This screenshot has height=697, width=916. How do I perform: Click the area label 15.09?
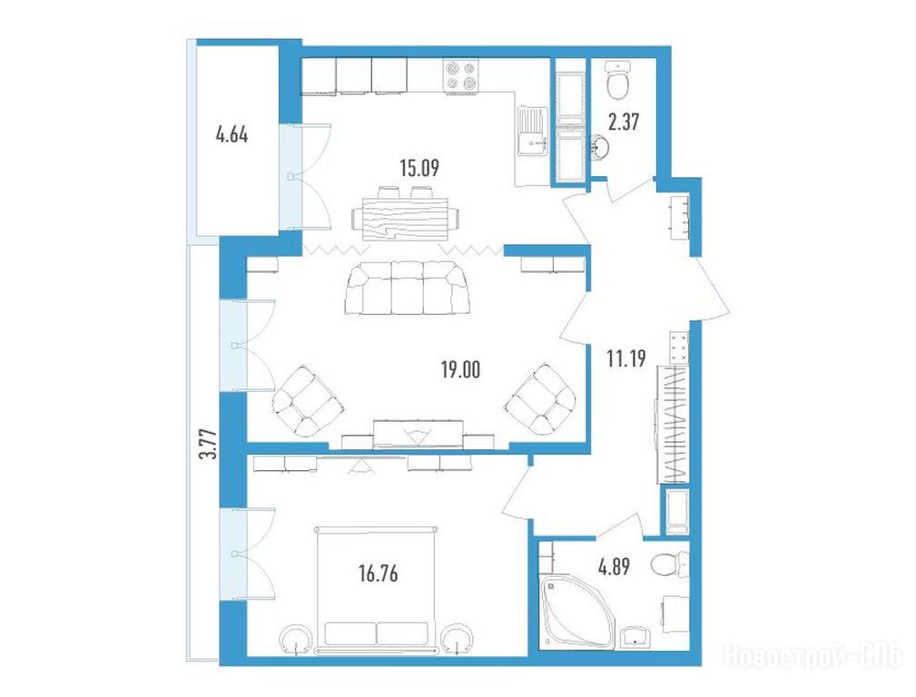[419, 168]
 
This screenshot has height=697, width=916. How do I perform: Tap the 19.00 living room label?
[461, 369]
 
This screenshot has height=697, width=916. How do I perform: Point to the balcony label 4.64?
[231, 135]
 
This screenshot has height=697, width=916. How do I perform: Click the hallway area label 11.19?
[626, 358]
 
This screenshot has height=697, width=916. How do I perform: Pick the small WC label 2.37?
[624, 123]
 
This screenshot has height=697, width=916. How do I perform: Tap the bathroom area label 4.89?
[614, 566]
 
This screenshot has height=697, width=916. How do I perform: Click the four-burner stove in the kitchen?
[461, 76]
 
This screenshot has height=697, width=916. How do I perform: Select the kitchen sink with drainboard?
[533, 132]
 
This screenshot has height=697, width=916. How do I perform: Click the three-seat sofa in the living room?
[408, 289]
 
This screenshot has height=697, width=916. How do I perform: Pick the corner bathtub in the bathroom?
[576, 611]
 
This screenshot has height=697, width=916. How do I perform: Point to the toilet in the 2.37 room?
[618, 81]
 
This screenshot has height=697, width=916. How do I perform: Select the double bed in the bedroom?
[377, 589]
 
